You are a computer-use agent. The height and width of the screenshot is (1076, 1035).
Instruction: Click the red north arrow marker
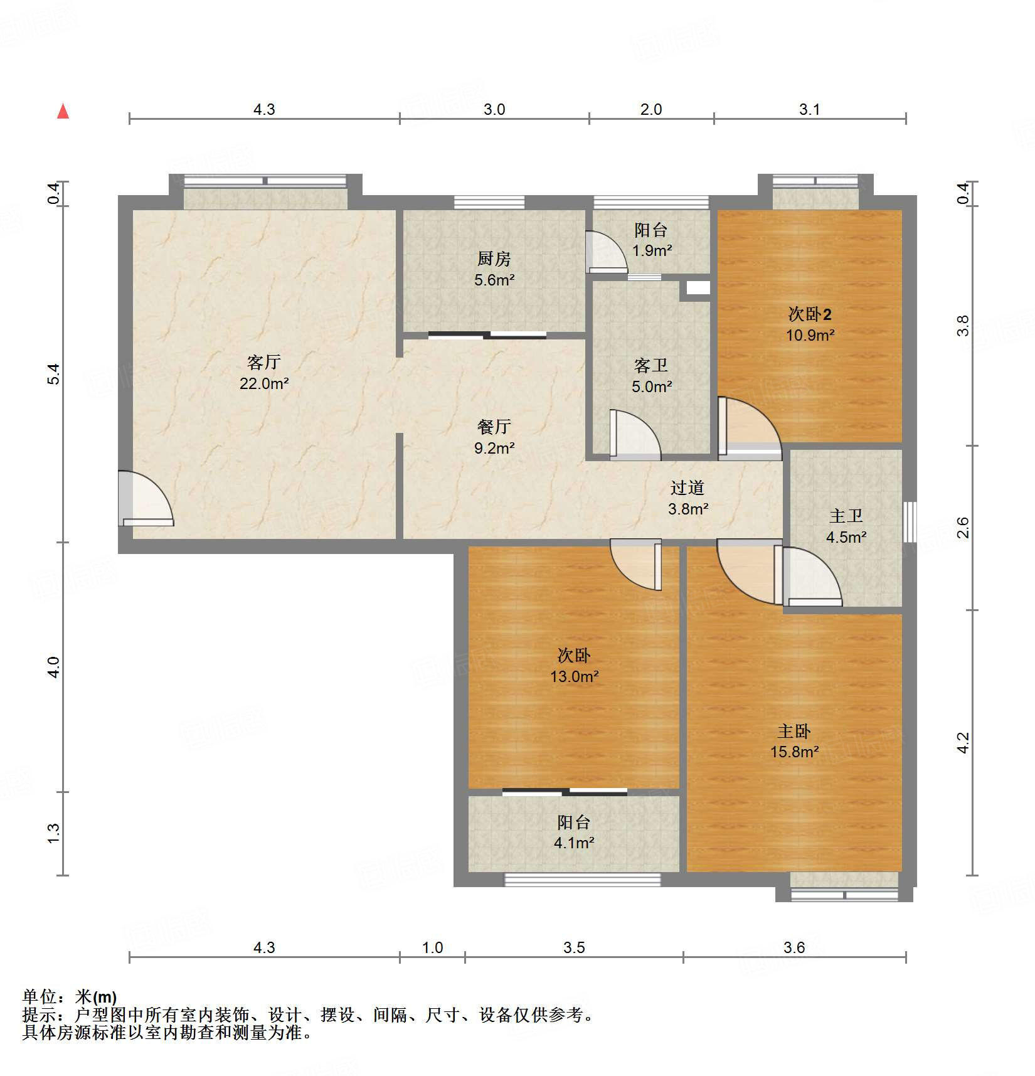[63, 112]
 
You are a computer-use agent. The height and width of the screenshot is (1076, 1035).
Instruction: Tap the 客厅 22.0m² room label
[263, 373]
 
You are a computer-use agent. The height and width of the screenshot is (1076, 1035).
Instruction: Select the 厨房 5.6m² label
[494, 269]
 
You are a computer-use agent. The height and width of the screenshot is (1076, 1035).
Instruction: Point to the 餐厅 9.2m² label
[494, 437]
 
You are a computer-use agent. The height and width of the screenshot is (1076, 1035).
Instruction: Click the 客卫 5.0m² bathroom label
[651, 376]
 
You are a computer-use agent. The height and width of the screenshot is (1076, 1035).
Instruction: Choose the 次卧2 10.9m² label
[810, 324]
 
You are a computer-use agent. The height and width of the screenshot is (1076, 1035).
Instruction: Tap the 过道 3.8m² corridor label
[687, 498]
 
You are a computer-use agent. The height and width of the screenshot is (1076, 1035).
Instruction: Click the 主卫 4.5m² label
[846, 526]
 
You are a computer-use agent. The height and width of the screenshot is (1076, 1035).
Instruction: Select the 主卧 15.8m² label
[794, 741]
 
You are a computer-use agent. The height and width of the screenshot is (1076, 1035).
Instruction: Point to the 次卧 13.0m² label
[574, 666]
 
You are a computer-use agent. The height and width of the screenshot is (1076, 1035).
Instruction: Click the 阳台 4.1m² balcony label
[574, 832]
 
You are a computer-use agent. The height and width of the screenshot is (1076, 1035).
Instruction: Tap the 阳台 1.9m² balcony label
[651, 240]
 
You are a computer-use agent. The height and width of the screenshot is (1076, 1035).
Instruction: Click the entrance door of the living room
[144, 499]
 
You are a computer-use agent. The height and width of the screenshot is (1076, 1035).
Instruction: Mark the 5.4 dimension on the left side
[54, 374]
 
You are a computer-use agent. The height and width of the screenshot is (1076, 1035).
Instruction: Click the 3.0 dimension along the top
[494, 109]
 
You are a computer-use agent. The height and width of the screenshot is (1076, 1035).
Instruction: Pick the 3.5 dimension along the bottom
[574, 947]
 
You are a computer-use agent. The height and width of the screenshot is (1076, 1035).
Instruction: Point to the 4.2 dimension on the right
[963, 743]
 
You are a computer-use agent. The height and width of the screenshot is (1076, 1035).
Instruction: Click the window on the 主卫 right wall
[910, 522]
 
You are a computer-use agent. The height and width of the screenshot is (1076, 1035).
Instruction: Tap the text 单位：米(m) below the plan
[70, 997]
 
